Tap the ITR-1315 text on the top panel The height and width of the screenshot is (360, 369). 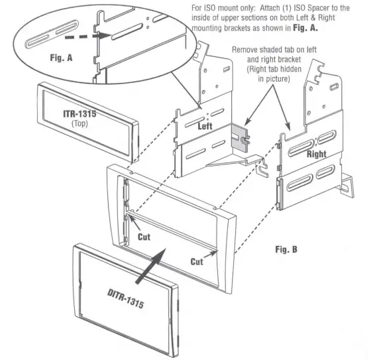[x=79, y=114]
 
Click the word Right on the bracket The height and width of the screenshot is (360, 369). [x=316, y=153]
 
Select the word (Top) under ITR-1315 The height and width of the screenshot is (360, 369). [x=79, y=124]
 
